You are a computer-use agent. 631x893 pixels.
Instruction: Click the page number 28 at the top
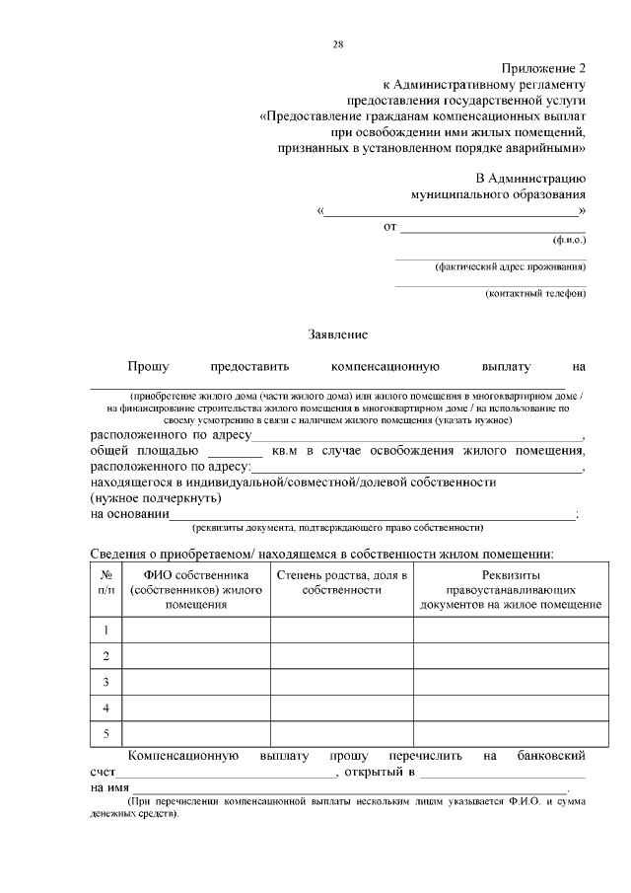click(338, 44)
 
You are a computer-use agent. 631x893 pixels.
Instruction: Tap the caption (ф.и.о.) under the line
click(569, 241)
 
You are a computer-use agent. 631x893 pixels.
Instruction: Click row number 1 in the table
click(105, 630)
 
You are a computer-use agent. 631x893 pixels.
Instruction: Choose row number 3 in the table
click(105, 682)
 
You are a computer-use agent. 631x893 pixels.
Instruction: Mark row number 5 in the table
click(105, 733)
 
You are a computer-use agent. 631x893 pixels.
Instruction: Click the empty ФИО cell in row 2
click(195, 655)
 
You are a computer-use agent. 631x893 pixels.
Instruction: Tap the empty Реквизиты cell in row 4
click(511, 707)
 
